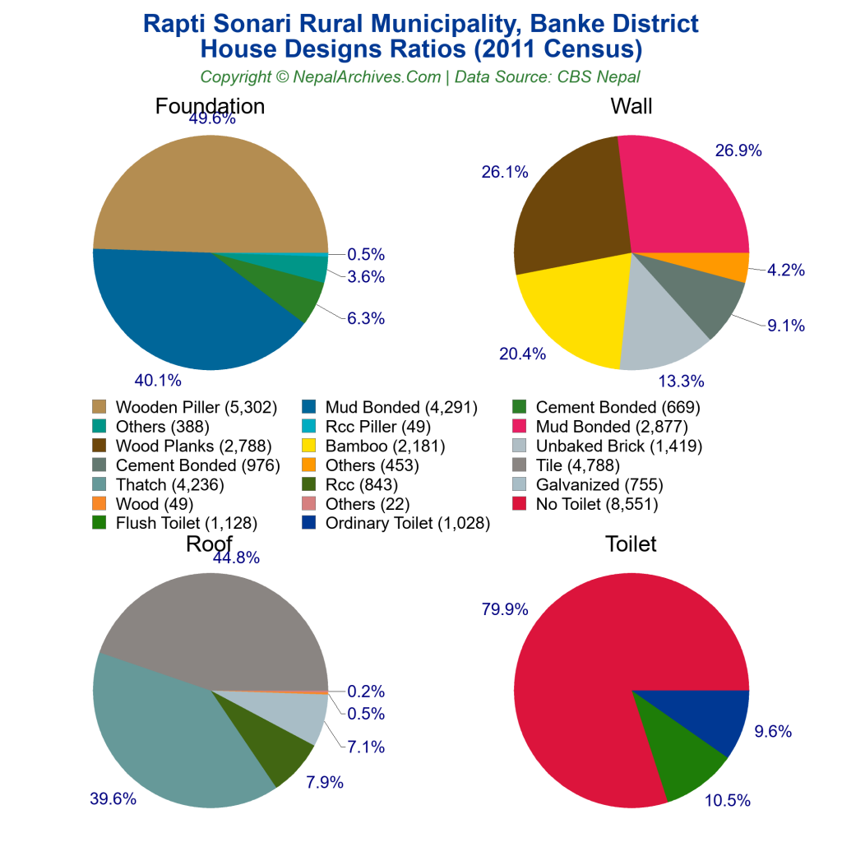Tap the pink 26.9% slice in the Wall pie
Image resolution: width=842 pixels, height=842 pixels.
pos(682,197)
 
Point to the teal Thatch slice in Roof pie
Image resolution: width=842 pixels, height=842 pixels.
pos(164,732)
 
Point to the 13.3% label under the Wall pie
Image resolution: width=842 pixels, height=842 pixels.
pos(682,380)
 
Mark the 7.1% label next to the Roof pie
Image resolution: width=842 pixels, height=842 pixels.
pos(365,747)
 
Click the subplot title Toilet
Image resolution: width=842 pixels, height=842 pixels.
pos(631,544)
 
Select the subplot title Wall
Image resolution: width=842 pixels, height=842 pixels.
pos(631,106)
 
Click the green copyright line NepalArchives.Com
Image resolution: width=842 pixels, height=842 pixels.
pos(420,76)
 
